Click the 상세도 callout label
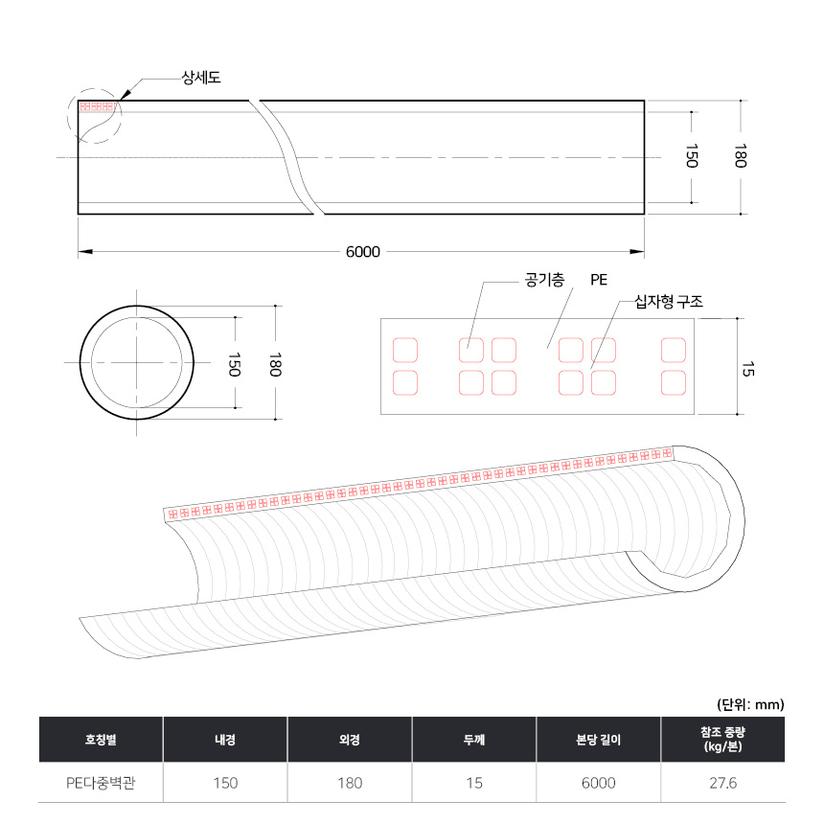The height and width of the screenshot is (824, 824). coord(201,78)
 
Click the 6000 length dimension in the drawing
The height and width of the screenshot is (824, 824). coord(362,252)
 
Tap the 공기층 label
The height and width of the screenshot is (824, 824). coord(544,280)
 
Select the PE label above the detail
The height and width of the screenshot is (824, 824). coord(599,280)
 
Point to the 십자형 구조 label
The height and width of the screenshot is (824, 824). coord(669,302)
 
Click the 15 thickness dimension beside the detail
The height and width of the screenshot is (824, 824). coord(747,369)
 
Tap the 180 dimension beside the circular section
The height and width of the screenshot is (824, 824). coord(275,364)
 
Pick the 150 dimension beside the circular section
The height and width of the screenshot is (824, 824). coord(235,364)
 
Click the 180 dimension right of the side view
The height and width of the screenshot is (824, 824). coord(740,155)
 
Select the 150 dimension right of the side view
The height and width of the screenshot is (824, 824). coord(692,155)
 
